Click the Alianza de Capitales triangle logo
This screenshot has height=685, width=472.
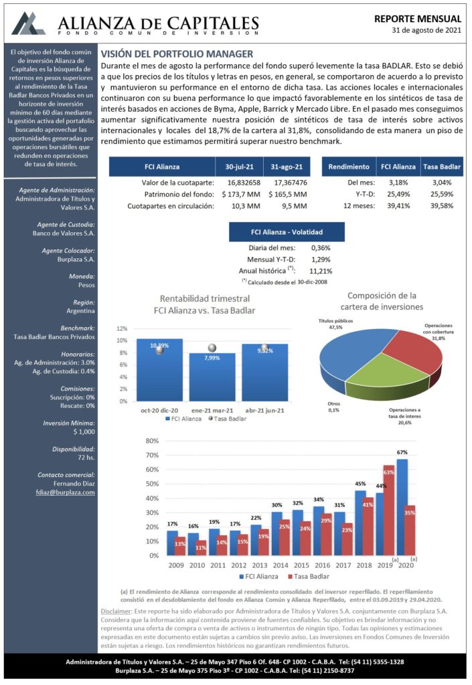pos(28,23)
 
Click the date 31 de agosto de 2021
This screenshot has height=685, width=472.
pos(426,30)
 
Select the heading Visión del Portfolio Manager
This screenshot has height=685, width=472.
pos(177,54)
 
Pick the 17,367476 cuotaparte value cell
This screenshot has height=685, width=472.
pos(290,183)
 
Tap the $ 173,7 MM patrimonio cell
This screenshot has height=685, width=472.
pos(241,194)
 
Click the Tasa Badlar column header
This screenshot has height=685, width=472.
pos(442,167)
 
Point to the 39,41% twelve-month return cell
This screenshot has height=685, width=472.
pos(398,206)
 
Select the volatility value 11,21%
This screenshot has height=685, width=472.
pos(321,271)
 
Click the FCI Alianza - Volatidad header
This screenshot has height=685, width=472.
pos(287,232)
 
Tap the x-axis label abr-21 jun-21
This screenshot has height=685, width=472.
pos(265,411)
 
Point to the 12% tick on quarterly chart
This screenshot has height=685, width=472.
pos(122,328)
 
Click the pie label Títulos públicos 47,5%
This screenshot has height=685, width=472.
pos(335,324)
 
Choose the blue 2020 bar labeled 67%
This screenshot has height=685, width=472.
pos(402,507)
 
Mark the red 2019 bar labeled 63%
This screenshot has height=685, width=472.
pos(389,510)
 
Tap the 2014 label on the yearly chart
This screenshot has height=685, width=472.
pos(281,565)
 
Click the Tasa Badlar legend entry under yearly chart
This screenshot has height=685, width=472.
pos(308,576)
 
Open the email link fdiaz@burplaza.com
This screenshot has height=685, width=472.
pos(65,492)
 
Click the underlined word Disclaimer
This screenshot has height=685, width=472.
pos(116,611)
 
